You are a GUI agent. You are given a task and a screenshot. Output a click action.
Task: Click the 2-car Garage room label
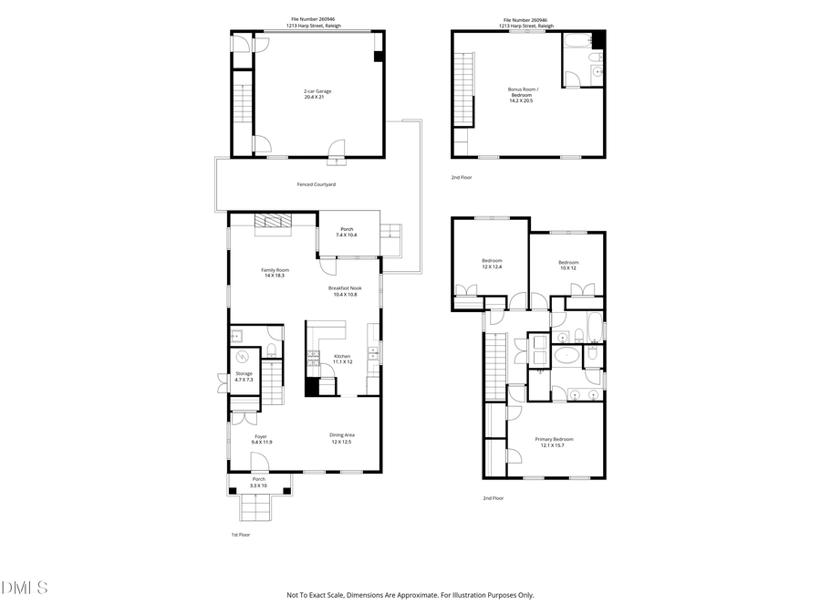317,94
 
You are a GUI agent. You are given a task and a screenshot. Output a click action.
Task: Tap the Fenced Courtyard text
317,184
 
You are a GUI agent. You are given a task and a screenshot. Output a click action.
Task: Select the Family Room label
275,272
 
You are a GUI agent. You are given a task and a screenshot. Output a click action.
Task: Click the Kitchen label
342,359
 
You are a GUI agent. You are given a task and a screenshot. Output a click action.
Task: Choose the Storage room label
244,376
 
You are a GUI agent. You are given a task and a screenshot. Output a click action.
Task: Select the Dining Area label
342,438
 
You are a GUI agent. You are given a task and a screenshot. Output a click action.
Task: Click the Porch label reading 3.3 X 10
259,482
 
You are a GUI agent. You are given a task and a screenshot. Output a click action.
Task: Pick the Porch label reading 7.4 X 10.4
347,232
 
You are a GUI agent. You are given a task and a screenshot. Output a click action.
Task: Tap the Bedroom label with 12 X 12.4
492,264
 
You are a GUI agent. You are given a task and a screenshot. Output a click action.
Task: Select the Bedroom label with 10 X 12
568,266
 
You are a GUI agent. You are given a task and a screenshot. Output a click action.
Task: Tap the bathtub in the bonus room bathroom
577,39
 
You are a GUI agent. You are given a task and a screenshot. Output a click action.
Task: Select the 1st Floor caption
240,535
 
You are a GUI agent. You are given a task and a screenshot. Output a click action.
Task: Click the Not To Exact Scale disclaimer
410,595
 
